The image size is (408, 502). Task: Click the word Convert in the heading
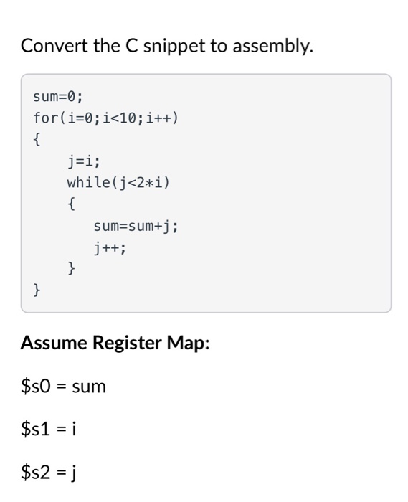click(x=53, y=47)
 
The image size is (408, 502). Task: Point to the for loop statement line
click(x=104, y=117)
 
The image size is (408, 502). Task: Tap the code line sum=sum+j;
click(x=136, y=227)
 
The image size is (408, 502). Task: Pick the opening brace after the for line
click(x=37, y=139)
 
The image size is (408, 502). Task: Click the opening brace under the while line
click(x=71, y=204)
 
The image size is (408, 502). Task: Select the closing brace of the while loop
click(x=71, y=270)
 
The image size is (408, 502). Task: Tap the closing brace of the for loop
click(x=37, y=291)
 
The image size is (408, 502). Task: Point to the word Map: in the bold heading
click(x=188, y=343)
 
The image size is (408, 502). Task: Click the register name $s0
click(x=35, y=387)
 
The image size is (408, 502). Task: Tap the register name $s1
click(x=34, y=430)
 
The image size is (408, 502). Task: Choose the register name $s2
click(x=35, y=474)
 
